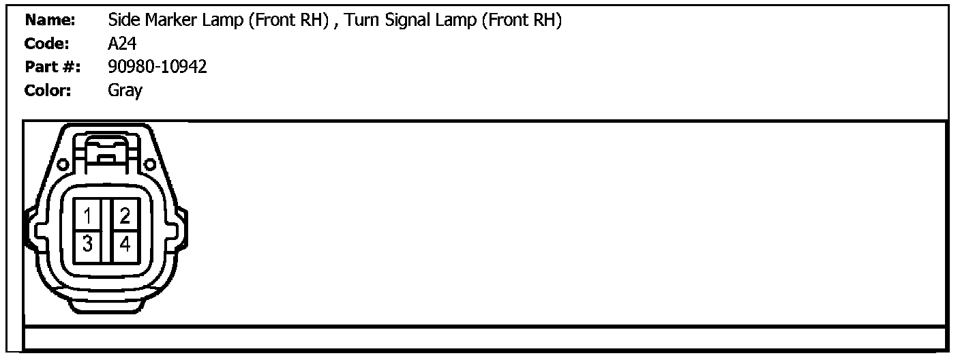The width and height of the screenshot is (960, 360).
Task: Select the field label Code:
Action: point(46,44)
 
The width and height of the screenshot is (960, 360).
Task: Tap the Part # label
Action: point(52,67)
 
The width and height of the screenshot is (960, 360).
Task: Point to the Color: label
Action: point(48,90)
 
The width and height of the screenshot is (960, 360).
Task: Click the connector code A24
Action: point(122,44)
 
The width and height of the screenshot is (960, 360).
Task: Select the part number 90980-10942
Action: point(157,67)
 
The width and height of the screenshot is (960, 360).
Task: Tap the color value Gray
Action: point(125,90)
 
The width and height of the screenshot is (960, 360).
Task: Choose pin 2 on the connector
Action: point(125,216)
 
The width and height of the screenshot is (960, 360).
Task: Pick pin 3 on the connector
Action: point(88,243)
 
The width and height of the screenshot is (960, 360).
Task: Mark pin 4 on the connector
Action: point(125,243)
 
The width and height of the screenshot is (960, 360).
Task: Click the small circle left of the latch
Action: point(61,164)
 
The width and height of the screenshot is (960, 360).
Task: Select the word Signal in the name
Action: point(410,20)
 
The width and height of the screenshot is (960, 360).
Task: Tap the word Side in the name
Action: point(123,20)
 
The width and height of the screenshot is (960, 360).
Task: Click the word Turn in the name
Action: point(365,20)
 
